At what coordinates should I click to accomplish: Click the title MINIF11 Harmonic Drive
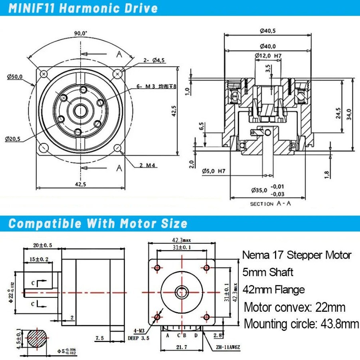pos(83,8)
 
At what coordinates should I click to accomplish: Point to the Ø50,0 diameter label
pos(15,76)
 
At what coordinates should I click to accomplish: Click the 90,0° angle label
pos(80,34)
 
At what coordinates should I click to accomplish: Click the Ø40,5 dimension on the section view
pos(268,30)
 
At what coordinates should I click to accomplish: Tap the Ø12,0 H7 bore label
pos(269,56)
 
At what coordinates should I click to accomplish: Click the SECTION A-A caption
pos(270,204)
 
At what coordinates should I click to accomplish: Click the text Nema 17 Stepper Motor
pos(297,255)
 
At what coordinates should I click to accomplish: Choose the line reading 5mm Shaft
pos(268,272)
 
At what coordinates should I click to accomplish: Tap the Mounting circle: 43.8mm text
pos(301,324)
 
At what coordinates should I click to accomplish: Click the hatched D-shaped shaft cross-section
pos(38,338)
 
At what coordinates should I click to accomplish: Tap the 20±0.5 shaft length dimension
pos(43,245)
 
